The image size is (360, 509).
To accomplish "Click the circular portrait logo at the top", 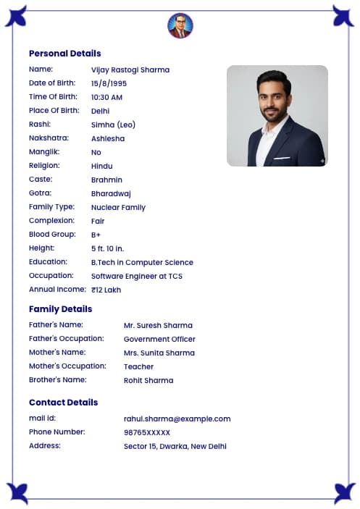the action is [x=180, y=26].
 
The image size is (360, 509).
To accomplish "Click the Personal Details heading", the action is [x=64, y=54].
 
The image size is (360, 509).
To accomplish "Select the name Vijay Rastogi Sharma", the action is [x=130, y=70].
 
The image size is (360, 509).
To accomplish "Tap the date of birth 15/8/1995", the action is [x=109, y=84].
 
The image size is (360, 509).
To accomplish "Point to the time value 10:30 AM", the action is [x=106, y=98].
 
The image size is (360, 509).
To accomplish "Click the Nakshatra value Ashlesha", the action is [x=108, y=139].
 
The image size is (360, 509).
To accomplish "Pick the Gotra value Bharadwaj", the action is [x=111, y=194].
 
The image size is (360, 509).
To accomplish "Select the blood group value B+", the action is [x=96, y=235].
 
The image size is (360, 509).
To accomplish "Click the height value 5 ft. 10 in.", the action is [x=107, y=249].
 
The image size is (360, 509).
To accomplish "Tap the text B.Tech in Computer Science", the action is [x=142, y=263].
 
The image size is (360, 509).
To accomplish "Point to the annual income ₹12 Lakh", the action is [x=106, y=290].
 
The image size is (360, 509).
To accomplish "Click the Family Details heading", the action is [x=60, y=309].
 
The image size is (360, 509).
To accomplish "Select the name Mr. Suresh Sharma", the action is [x=158, y=326].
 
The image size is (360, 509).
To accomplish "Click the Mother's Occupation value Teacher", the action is [x=138, y=367].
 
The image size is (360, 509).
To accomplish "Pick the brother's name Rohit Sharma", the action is [x=148, y=381].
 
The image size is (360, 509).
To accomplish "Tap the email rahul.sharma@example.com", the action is [x=177, y=418].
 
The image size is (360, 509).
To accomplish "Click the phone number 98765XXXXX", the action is [x=147, y=432].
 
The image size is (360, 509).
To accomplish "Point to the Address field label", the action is [x=45, y=446].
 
